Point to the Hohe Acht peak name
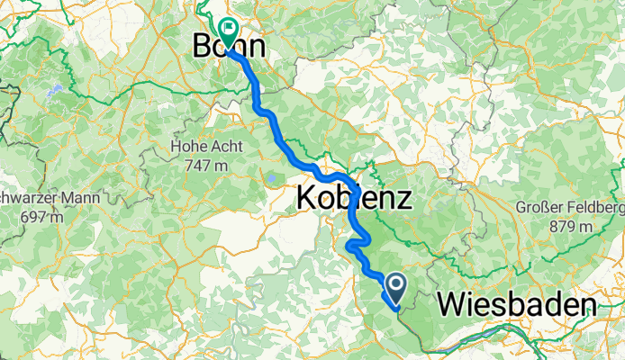coord(206,146)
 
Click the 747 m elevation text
coord(206,165)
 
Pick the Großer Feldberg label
coord(570,209)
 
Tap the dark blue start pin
coord(394,288)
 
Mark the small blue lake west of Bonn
coord(53,90)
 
